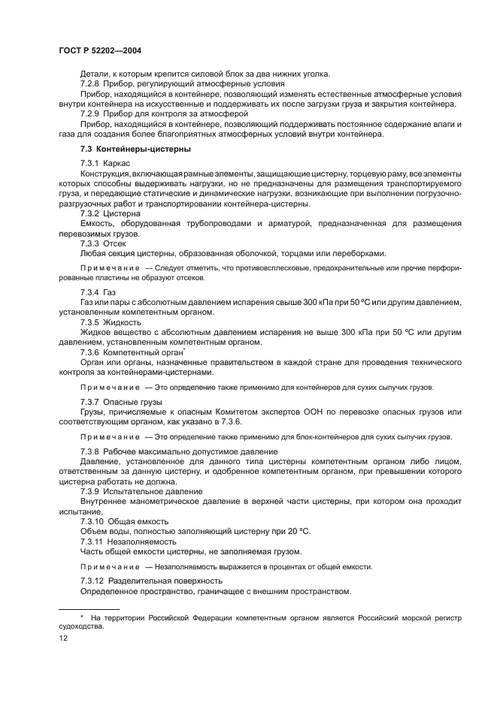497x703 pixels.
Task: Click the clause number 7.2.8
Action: coord(91,83)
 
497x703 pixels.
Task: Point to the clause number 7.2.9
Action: coord(91,113)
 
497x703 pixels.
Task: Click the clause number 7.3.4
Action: coord(91,291)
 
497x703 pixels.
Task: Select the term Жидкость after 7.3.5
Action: coord(129,321)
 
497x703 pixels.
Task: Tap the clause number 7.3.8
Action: coord(91,450)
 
